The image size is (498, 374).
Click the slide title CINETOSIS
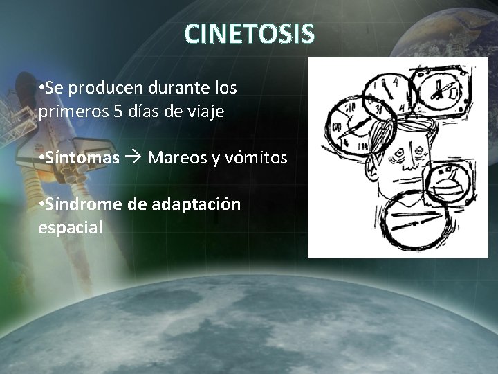pyautogui.click(x=250, y=33)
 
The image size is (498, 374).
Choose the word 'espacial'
pyautogui.click(x=71, y=228)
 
